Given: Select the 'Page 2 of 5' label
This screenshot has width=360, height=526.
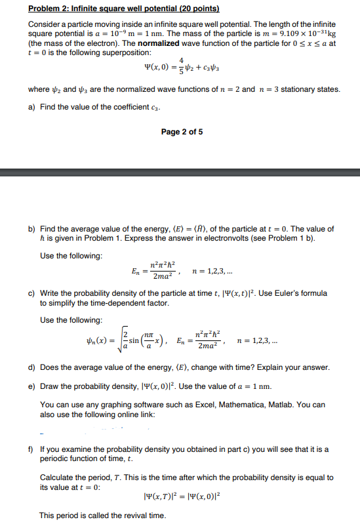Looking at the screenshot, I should [182, 132].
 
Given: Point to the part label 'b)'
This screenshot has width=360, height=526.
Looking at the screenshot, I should [31, 229].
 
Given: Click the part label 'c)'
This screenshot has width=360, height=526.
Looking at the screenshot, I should [31, 293].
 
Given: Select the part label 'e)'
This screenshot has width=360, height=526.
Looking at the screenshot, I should [31, 382].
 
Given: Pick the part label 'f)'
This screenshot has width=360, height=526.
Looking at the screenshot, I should [31, 451].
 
